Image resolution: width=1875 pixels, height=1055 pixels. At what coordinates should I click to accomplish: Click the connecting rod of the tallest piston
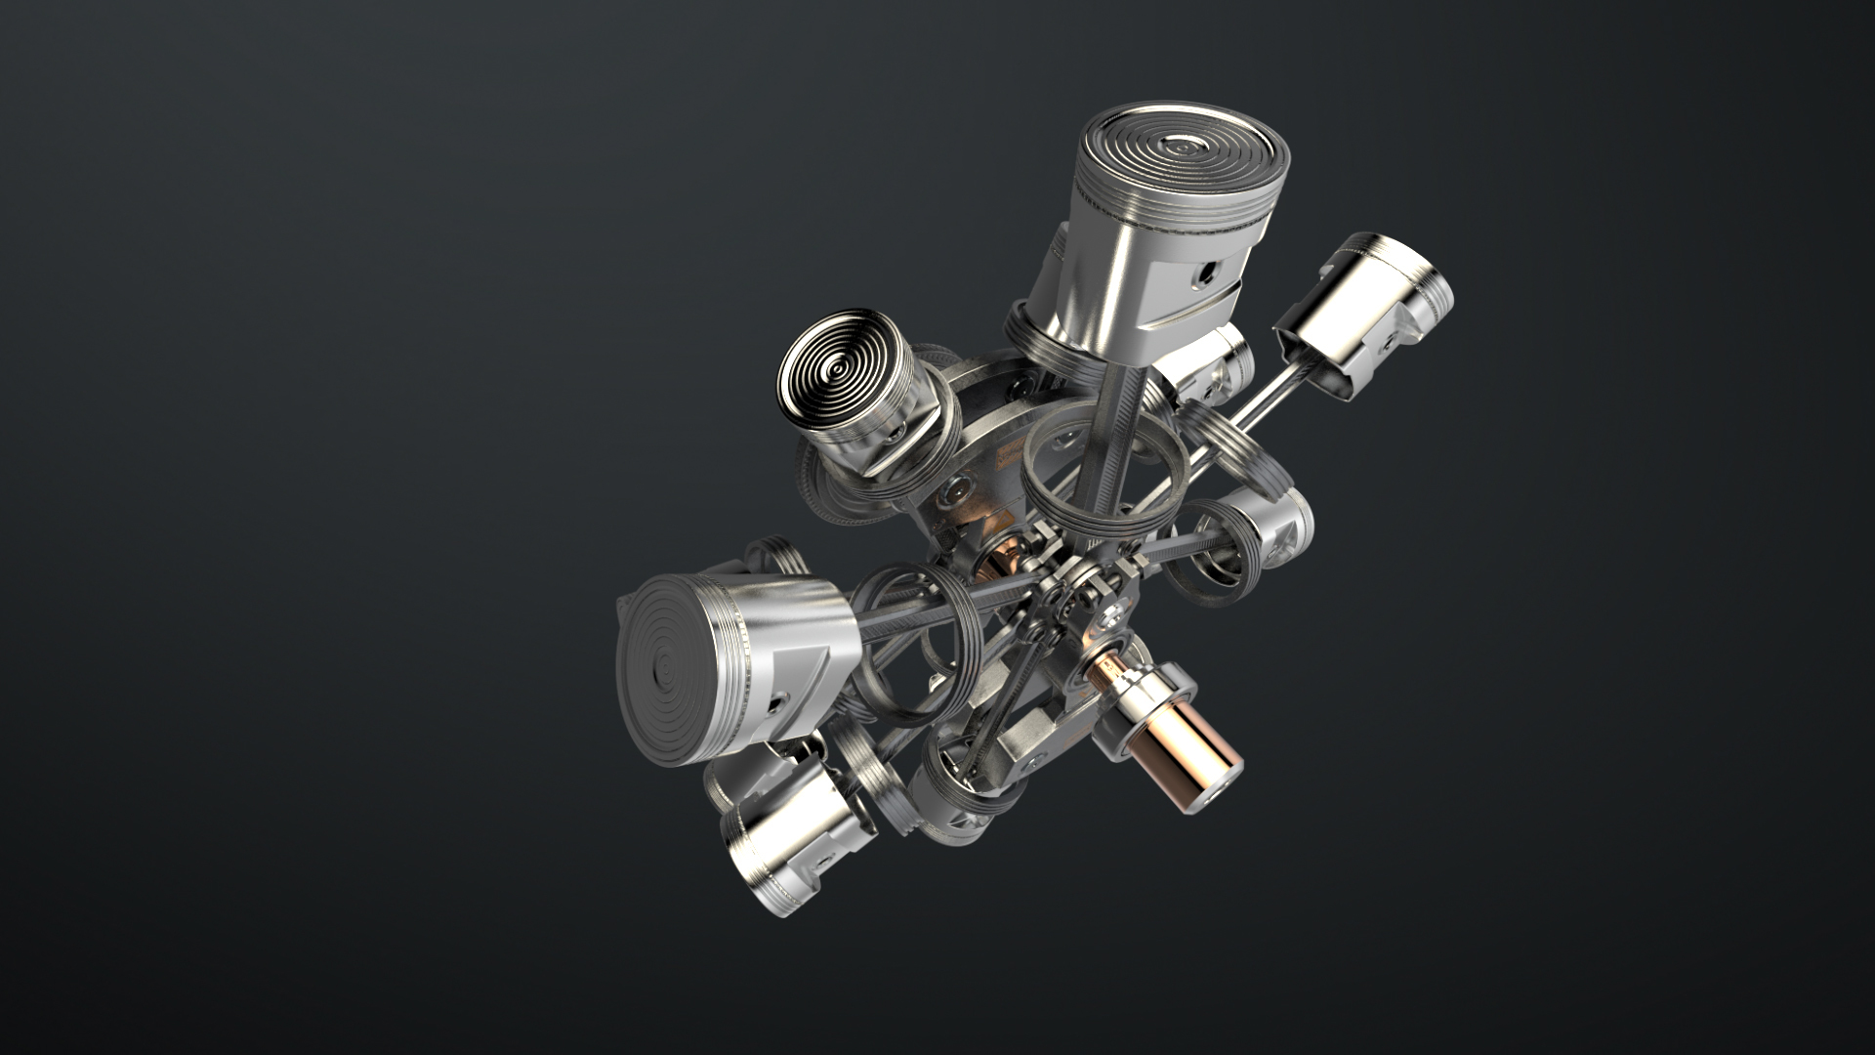[x=1113, y=430]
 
